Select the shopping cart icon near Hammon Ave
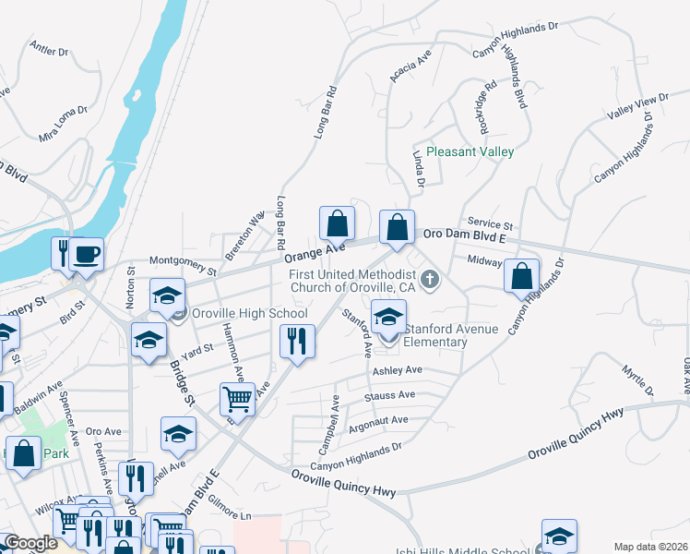[x=237, y=399]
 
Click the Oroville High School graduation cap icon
[x=167, y=295]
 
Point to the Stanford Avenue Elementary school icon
[x=388, y=317]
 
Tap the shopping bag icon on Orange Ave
[x=337, y=223]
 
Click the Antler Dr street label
[x=50, y=48]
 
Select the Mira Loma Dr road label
[x=63, y=122]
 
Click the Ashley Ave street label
[x=397, y=370]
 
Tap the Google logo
[x=31, y=544]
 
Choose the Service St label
[x=490, y=223]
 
